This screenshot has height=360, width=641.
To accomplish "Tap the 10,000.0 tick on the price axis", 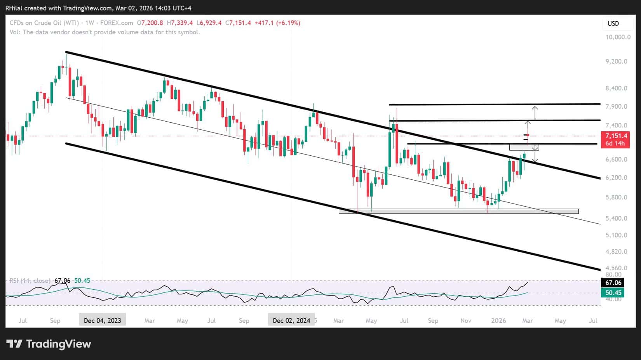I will pos(618,37).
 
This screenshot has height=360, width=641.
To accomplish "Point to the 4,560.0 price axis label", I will pos(616,268).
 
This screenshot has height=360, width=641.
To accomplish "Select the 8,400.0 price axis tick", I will pos(616,88).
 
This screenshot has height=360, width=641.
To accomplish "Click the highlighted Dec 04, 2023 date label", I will pos(102,320).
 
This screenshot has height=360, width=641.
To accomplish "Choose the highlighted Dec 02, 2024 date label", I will pos(291,320).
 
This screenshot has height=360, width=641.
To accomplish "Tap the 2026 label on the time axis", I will pos(498,320).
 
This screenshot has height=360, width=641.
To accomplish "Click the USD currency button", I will pos(613,23).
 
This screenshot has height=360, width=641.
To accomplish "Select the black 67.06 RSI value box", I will pos(613,283).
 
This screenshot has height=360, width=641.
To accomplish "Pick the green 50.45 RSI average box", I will pos(613,293).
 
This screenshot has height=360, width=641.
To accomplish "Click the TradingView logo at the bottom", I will pos(49,344).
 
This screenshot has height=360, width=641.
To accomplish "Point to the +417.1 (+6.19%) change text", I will pos(277,23).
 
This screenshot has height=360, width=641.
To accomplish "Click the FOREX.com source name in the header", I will pos(117,23).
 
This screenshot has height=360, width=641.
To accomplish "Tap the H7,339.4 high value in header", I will pos(180,23).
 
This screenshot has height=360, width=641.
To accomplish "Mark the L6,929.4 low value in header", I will pos(209,23).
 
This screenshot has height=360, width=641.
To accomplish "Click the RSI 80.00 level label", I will pos(614,275).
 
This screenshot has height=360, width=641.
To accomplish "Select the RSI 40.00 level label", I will pos(614,299).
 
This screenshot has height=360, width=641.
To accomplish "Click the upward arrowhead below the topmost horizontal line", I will pos(535,107).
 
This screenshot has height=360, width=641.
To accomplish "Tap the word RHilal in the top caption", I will pos(14,8).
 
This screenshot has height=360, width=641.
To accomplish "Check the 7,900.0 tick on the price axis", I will pos(616,106).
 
